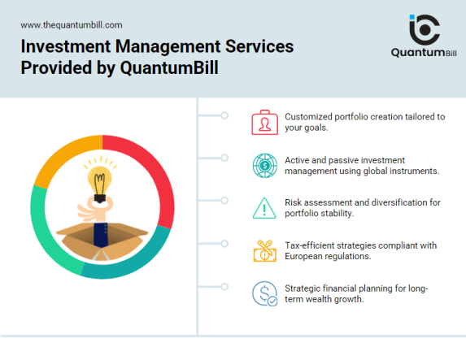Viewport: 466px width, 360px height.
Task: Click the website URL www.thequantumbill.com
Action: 72,25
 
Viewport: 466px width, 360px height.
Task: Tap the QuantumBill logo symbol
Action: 423,29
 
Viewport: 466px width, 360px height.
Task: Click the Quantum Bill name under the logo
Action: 423,54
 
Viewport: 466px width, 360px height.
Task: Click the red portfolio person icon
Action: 263,122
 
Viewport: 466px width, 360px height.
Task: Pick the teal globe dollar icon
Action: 263,165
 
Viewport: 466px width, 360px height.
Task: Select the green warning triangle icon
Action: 263,207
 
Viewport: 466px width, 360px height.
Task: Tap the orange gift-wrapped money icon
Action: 263,250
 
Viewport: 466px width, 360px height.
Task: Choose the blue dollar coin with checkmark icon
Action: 263,293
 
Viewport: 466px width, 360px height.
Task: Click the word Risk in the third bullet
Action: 294,202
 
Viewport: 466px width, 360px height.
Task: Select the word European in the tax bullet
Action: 305,256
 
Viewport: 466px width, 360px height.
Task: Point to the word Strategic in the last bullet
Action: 303,288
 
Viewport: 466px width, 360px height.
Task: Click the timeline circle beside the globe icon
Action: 224,158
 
